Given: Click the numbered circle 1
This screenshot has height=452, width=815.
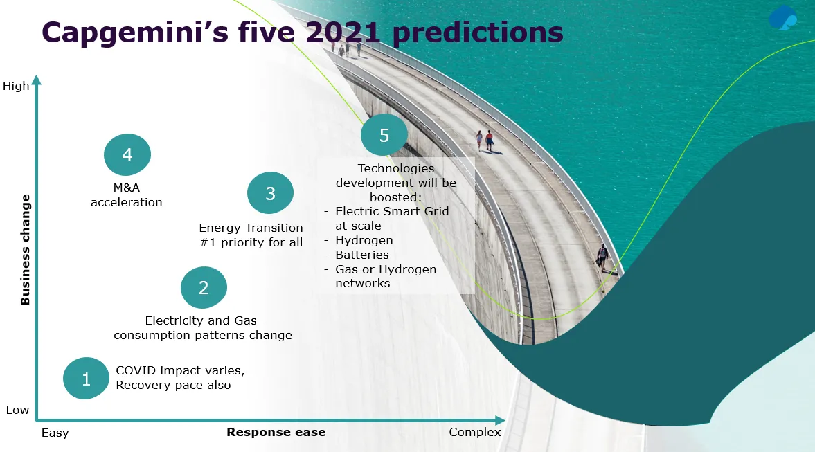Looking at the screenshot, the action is [87, 378].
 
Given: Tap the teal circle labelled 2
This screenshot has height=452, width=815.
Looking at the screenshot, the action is [204, 287].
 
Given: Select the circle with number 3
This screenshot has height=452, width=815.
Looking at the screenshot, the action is [270, 192].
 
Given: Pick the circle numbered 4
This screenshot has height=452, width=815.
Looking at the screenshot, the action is [127, 154].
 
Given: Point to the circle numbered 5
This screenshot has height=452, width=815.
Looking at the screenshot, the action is [384, 135].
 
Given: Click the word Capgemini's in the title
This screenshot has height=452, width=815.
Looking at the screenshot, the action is [135, 33].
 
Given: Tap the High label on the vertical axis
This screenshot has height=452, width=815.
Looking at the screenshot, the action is [16, 86].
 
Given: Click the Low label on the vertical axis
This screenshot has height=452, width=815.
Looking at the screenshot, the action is [17, 410].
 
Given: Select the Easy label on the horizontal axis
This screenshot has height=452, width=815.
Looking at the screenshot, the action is [55, 433].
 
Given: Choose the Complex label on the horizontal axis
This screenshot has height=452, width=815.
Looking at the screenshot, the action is [475, 432].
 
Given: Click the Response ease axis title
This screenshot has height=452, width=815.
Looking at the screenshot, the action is [276, 432].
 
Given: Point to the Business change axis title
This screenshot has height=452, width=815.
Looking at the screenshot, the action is [25, 249].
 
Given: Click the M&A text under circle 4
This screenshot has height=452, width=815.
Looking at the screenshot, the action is [127, 188].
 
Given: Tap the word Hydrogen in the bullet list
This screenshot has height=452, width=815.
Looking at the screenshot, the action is [364, 241].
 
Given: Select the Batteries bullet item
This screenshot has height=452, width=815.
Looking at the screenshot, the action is [362, 255].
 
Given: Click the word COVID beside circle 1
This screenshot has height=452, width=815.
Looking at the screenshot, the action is [136, 370].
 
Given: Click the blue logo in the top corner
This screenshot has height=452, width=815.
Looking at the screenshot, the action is [782, 17].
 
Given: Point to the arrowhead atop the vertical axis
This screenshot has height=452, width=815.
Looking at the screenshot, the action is [37, 80].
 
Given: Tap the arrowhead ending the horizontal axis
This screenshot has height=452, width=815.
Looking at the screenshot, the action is [500, 419].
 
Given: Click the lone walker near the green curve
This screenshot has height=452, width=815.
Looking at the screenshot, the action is [602, 257].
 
